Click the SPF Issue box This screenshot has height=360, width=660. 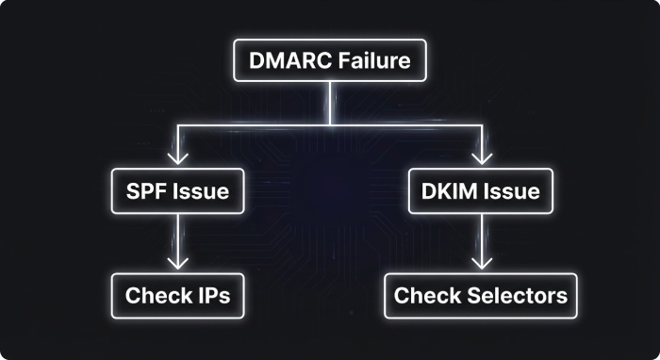(x=177, y=191)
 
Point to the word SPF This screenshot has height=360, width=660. (x=145, y=191)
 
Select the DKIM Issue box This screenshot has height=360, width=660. (x=481, y=191)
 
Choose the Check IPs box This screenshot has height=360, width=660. (x=177, y=296)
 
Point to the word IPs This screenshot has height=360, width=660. (x=212, y=296)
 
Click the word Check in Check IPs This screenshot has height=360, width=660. (x=156, y=296)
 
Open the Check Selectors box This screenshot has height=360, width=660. (x=481, y=296)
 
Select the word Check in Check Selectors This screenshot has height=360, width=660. (x=425, y=296)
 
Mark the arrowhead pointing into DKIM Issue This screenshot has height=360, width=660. (x=482, y=155)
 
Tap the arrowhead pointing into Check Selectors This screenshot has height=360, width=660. (x=482, y=261)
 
